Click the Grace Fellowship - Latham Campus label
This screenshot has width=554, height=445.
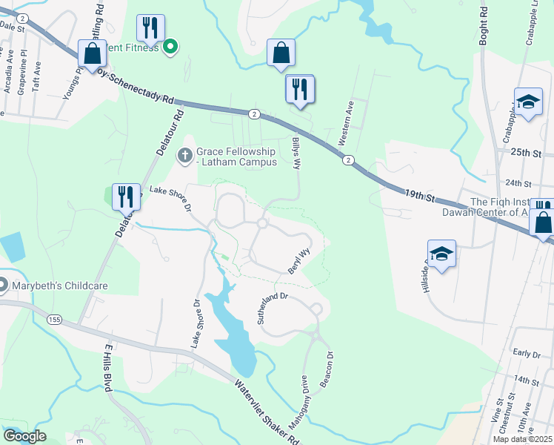tap(236, 156)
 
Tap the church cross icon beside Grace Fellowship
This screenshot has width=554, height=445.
tap(184, 156)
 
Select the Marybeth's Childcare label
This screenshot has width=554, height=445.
tap(56, 286)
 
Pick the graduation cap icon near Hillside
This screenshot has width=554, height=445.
tap(442, 254)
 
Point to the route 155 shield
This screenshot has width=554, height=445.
tap(53, 319)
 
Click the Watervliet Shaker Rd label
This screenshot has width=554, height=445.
tap(267, 412)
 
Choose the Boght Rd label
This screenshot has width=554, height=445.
tap(484, 27)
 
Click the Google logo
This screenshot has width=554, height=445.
tap(24, 436)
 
